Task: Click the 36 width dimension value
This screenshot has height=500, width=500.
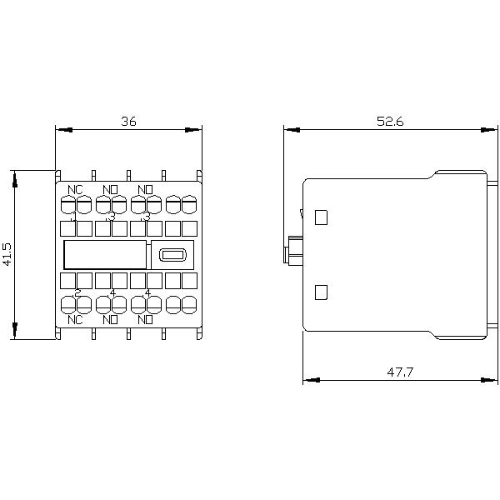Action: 127,121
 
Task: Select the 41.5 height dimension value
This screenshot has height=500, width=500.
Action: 7,254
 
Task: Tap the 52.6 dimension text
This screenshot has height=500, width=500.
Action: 389,121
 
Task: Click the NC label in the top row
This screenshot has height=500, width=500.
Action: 75,189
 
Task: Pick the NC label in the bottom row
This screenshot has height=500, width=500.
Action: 75,318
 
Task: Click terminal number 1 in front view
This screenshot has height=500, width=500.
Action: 75,217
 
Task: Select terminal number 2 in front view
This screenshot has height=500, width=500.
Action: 77,292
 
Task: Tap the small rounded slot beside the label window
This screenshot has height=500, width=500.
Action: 172,255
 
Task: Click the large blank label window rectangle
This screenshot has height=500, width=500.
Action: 105,255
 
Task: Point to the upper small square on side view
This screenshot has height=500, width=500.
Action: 322,217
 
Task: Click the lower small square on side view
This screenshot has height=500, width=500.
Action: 322,292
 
